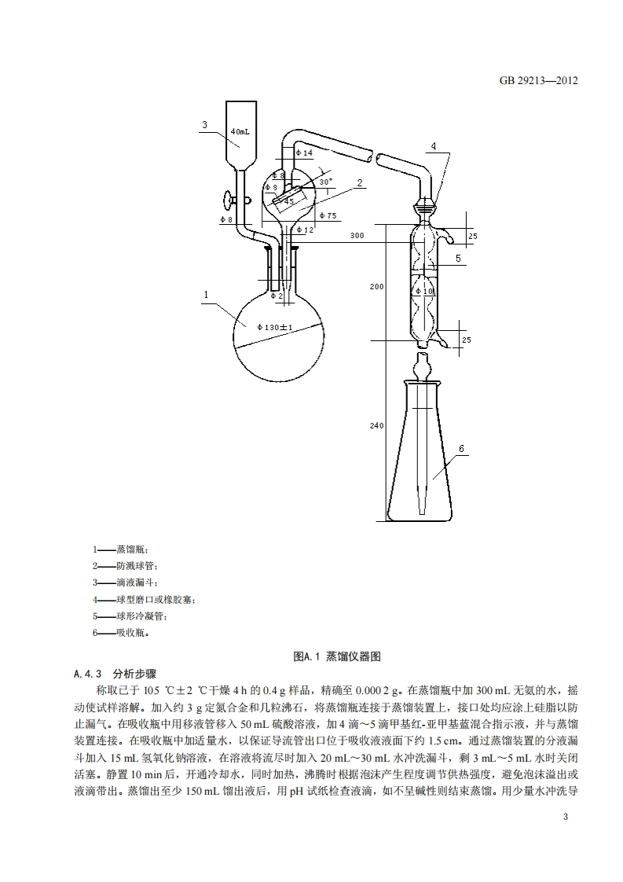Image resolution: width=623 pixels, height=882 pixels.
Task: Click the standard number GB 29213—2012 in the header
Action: pos(538,80)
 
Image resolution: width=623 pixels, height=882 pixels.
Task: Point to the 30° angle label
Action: pos(326,181)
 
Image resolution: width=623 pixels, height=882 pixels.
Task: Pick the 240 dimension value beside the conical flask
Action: pos(376,425)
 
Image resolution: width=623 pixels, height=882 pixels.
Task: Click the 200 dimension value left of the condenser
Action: pos(376,287)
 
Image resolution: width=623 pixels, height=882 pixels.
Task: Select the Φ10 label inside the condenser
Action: pos(427,292)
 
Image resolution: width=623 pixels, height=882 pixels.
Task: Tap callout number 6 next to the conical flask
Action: pos(461,448)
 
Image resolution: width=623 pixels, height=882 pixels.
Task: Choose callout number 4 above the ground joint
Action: pos(434,146)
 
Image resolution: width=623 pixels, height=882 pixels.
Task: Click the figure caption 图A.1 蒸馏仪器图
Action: pos(336,656)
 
